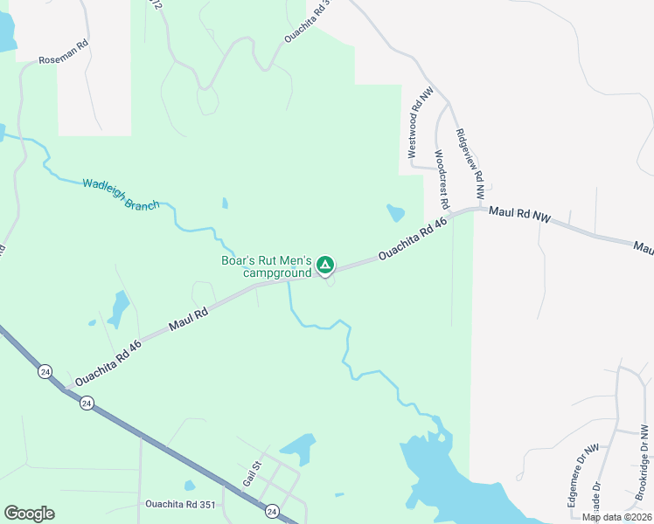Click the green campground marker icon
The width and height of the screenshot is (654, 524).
click(x=324, y=264)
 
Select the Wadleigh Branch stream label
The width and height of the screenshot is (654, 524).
click(x=121, y=194)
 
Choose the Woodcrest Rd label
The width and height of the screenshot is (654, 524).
click(x=442, y=179)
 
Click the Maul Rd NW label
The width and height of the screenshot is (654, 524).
click(x=519, y=215)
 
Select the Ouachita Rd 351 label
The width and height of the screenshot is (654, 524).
click(x=179, y=504)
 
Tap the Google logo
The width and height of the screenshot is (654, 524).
click(x=29, y=514)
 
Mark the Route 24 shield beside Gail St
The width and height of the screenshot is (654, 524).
click(x=271, y=510)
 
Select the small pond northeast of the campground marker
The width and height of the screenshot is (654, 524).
click(x=396, y=212)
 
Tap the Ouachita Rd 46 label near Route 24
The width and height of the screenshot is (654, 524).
click(x=108, y=362)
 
